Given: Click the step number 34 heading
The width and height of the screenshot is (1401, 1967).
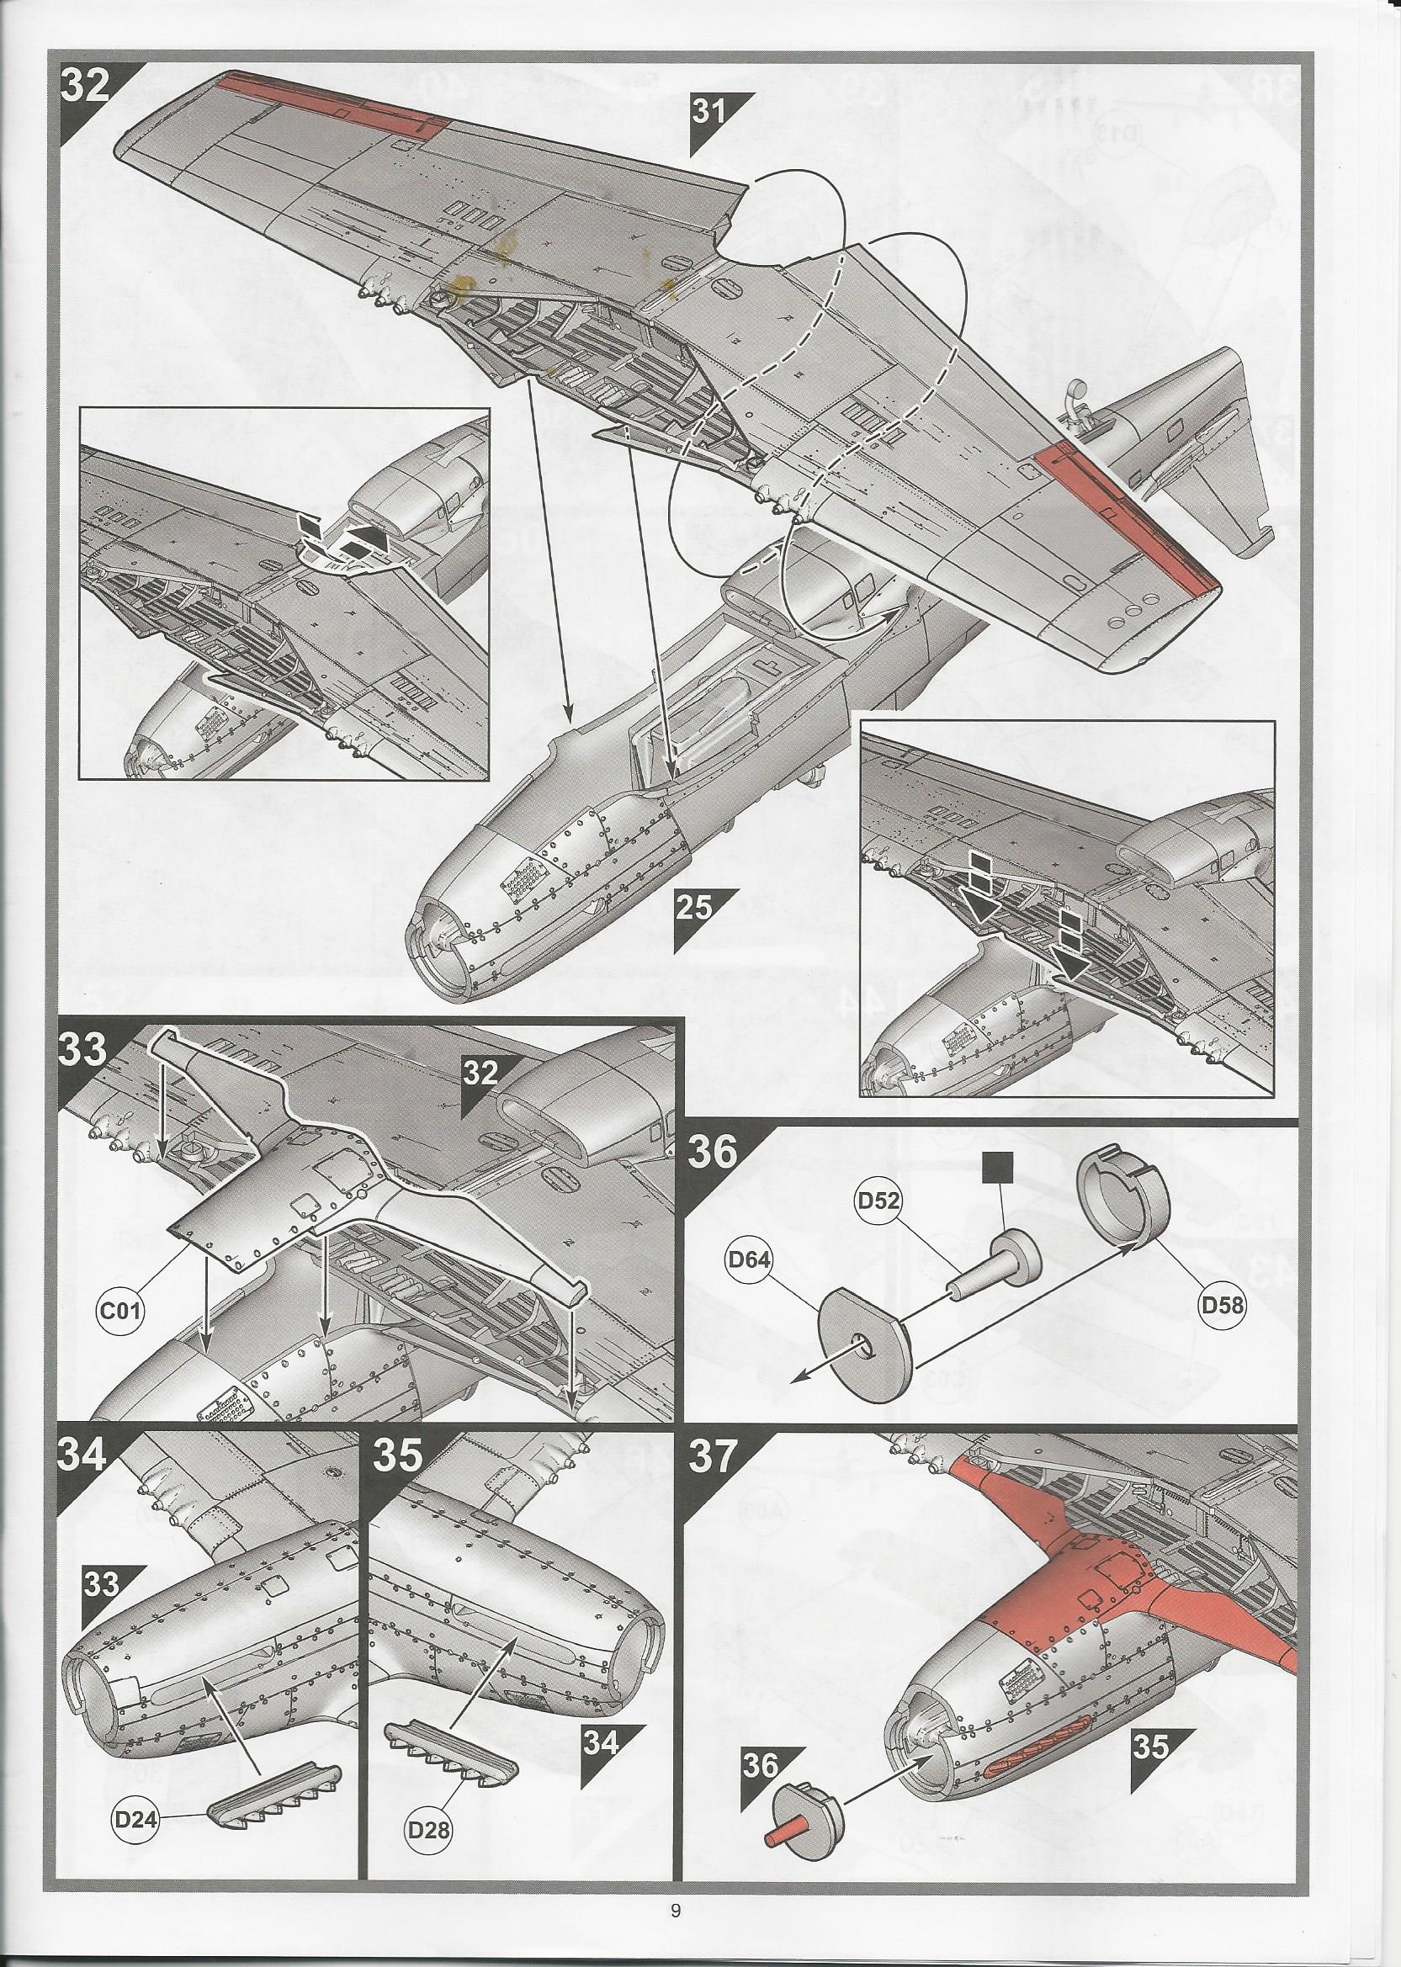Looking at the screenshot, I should pyautogui.click(x=82, y=1456).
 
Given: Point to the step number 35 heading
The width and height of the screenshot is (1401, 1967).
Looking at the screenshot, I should pyautogui.click(x=401, y=1456).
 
